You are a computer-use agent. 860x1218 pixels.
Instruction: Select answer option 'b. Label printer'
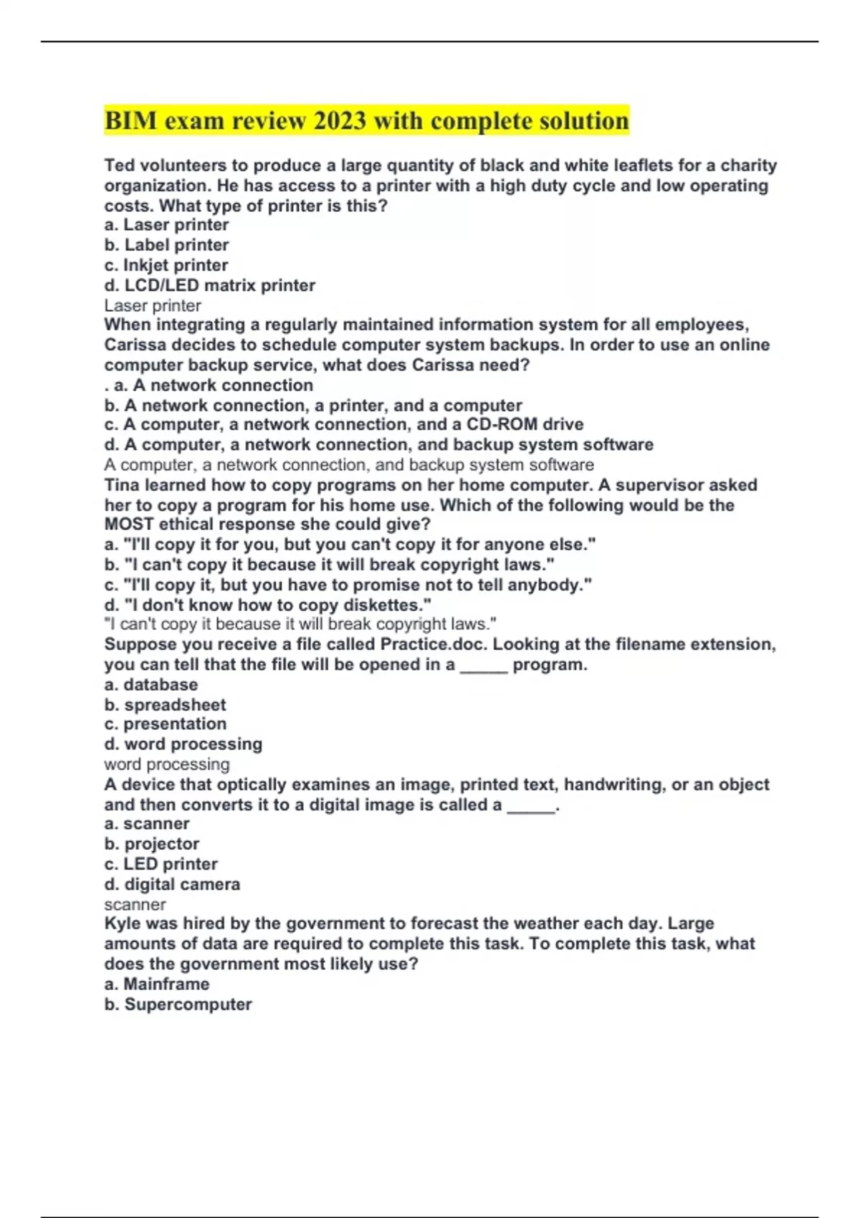click(x=166, y=245)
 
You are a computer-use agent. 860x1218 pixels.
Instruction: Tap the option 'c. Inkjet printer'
click(x=166, y=265)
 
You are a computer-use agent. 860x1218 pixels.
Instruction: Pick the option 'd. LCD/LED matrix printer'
click(x=209, y=285)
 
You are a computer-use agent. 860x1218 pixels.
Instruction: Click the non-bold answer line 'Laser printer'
click(x=153, y=305)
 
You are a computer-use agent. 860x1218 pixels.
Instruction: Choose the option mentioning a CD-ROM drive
click(x=344, y=424)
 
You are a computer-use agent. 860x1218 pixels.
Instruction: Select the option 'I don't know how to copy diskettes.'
click(x=267, y=605)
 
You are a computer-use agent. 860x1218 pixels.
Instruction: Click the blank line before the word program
click(x=484, y=666)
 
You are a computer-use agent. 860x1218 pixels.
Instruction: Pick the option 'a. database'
click(x=150, y=684)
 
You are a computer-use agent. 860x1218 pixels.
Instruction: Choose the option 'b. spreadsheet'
click(x=165, y=704)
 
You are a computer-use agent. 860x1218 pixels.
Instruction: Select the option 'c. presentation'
click(x=165, y=724)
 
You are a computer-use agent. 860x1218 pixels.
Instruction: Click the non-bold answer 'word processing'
click(x=167, y=764)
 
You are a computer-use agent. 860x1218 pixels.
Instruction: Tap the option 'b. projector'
click(x=151, y=844)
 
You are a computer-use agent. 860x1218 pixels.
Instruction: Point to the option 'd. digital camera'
click(x=172, y=884)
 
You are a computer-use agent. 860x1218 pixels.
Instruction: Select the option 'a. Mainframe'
click(x=157, y=984)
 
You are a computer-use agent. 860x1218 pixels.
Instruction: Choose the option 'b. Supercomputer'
click(x=178, y=1004)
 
